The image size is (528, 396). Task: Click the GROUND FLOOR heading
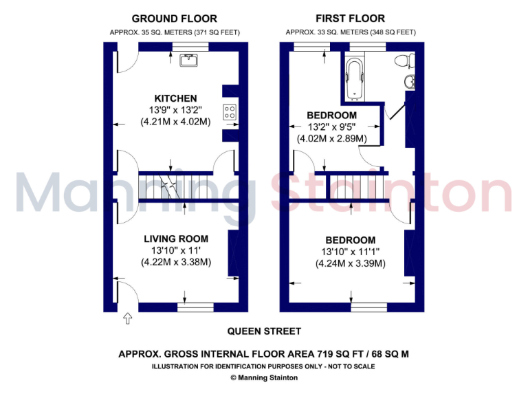click(174, 19)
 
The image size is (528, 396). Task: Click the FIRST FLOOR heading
click(350, 19)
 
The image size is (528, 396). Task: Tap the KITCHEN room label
click(175, 98)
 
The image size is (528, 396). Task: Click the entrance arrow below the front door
click(127, 318)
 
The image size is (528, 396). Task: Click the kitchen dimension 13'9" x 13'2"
click(175, 110)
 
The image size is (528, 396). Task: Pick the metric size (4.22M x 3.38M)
click(175, 262)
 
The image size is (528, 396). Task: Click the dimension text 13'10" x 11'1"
click(350, 252)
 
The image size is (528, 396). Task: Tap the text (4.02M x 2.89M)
click(331, 138)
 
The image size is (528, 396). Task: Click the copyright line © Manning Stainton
click(263, 377)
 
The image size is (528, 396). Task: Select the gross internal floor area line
click(263, 354)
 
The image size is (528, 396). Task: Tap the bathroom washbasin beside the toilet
click(409, 82)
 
